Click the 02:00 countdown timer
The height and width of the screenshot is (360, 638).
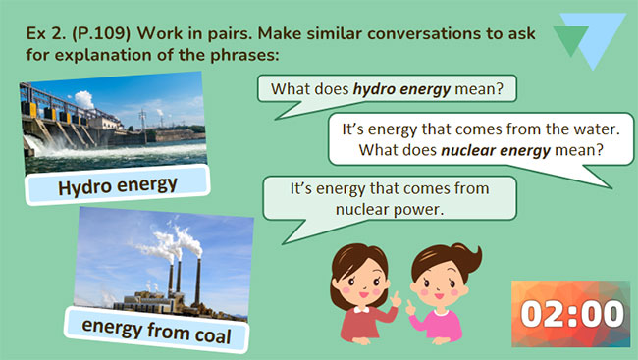pos(572,314)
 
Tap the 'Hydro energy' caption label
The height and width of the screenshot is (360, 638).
pos(117,185)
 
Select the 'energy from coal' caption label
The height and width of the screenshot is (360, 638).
pos(158,326)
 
